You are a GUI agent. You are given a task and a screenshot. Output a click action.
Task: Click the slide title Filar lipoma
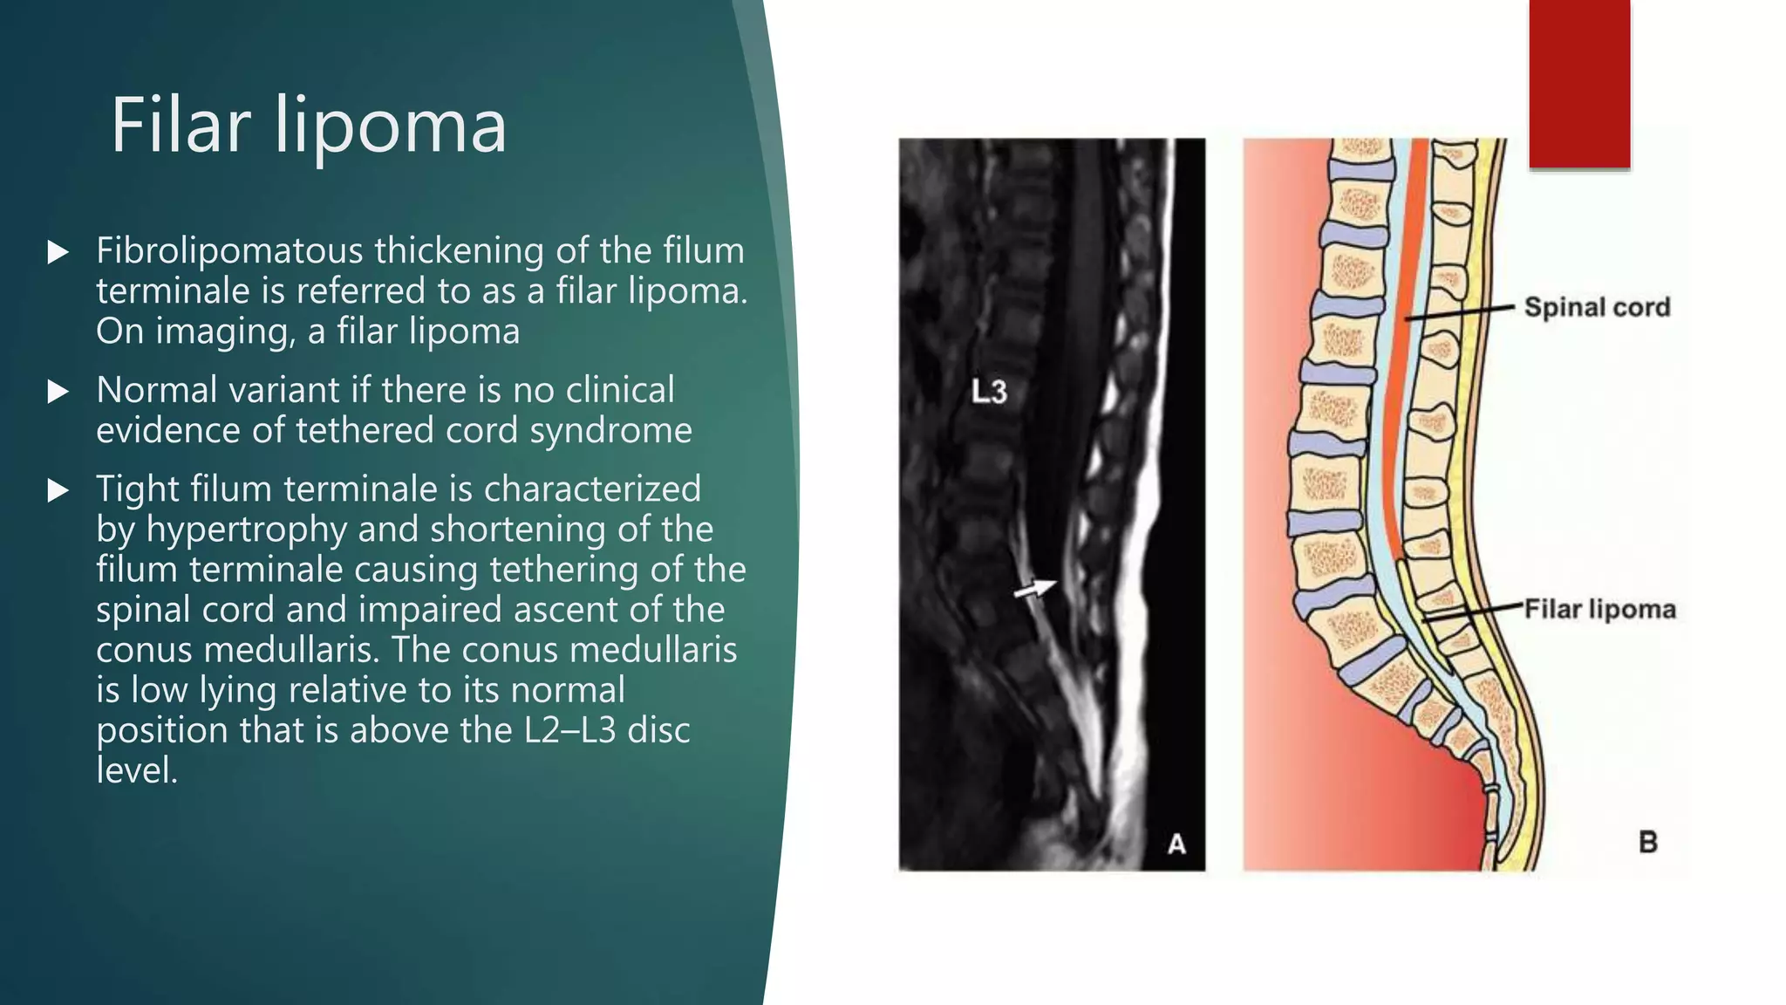coord(308,126)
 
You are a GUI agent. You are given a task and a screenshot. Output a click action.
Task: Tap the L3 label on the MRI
coord(989,392)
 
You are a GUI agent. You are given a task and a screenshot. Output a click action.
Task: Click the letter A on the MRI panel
coord(1176,844)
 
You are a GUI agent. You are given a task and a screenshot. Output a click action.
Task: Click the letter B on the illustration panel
coord(1647,842)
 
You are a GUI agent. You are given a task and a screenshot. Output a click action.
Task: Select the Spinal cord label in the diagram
coord(1597,307)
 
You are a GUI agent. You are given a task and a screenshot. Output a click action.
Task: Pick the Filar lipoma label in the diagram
coord(1599,609)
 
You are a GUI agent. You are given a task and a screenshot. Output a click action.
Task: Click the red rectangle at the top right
coord(1579,84)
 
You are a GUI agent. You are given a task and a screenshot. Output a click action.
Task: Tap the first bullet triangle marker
coord(58,253)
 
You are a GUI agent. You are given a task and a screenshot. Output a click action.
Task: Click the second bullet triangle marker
coord(58,392)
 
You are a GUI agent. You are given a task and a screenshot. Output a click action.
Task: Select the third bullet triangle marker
coord(58,490)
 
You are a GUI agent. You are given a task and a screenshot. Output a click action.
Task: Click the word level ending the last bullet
coord(136,770)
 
